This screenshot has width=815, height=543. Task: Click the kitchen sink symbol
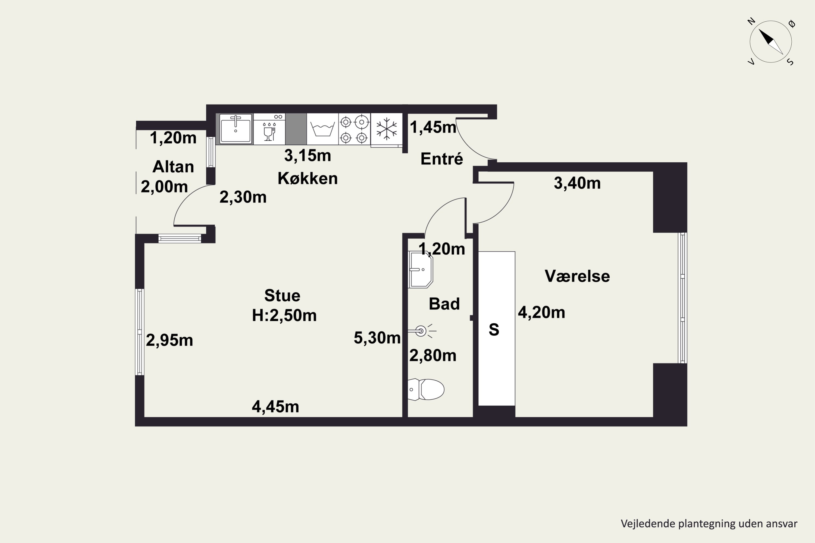tap(236, 129)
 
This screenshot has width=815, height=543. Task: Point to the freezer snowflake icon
tap(386, 129)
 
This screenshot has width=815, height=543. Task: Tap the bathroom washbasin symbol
tap(420, 269)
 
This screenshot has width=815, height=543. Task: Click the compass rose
tap(771, 42)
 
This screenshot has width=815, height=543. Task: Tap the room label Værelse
tap(577, 276)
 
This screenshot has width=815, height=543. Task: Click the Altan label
tap(173, 167)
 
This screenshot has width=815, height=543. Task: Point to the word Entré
tap(442, 159)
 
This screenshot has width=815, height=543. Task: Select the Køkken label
tap(308, 178)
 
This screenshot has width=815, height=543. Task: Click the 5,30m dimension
tap(377, 338)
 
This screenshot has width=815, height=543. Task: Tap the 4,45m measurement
tap(275, 406)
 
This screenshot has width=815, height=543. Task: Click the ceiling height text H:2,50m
tap(284, 315)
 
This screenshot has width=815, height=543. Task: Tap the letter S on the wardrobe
tap(494, 329)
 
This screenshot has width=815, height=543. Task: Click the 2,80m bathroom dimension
tap(433, 356)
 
